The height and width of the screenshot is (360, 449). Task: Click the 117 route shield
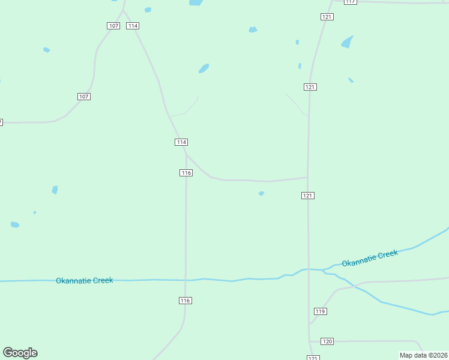pos(351,2)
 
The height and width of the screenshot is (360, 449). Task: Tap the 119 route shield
pos(320,311)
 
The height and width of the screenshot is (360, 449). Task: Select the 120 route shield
pos(327,341)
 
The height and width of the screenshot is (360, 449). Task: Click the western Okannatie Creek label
pos(84,280)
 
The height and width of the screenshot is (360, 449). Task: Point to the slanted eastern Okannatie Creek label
pos(370,259)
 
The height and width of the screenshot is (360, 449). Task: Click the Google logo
pos(20,353)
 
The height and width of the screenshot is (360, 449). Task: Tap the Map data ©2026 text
pos(423,355)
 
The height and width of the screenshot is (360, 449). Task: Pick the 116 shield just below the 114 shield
pos(186,173)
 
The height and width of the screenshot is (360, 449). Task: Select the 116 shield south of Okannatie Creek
pos(185,301)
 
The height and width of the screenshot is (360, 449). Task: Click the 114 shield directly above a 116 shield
pos(181,142)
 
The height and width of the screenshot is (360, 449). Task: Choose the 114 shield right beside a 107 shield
pos(133,26)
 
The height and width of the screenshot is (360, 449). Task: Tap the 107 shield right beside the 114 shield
pos(113,26)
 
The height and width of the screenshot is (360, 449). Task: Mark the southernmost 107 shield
pos(84,97)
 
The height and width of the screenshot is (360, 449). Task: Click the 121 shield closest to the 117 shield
pos(327,17)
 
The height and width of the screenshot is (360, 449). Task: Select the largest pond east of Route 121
pos(347,42)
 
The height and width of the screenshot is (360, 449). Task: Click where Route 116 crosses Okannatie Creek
pos(185,280)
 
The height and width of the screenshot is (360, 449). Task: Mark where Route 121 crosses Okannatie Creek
pos(309,269)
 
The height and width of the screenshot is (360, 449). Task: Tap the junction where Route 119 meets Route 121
pos(310,324)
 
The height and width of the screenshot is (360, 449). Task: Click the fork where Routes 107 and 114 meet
pos(124,11)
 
